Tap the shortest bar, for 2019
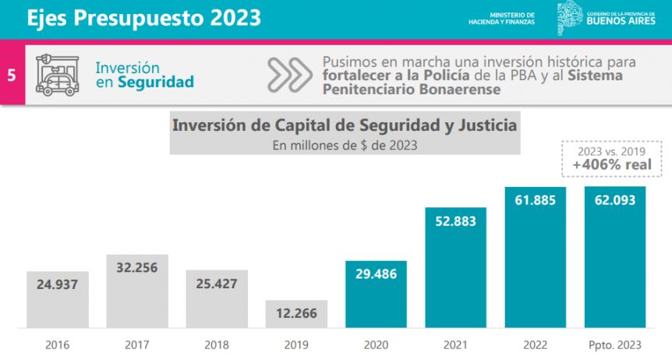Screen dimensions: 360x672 pyautogui.click(x=296, y=314)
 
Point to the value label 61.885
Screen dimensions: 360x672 pyautogui.click(x=535, y=200)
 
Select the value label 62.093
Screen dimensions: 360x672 pyautogui.click(x=614, y=200)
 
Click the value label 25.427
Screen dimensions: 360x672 pyautogui.click(x=217, y=284)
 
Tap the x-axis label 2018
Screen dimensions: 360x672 pyautogui.click(x=217, y=343)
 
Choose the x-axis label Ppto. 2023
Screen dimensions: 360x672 pyautogui.click(x=614, y=343)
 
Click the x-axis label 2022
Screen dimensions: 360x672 pyautogui.click(x=535, y=343)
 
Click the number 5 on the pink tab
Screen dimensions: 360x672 pyautogui.click(x=12, y=76)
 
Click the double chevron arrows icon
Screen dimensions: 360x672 pyautogui.click(x=288, y=75)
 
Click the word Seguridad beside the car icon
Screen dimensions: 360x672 pyautogui.click(x=155, y=82)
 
